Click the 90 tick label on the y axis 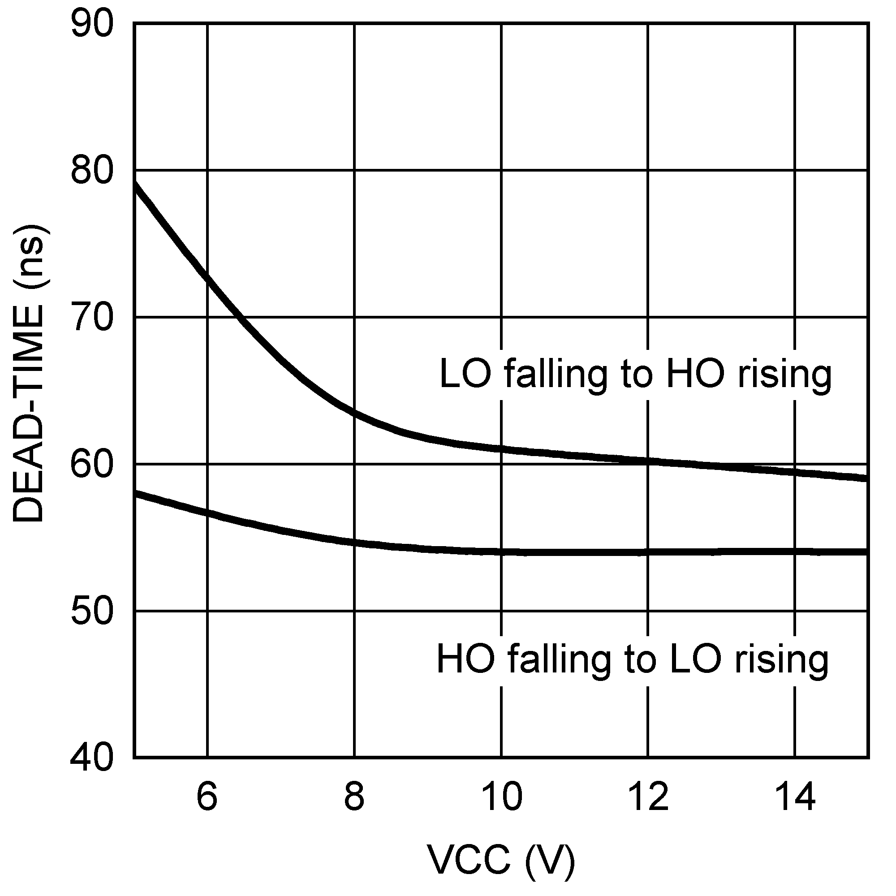pos(92,24)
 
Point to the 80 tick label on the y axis pos(92,171)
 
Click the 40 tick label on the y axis pos(92,759)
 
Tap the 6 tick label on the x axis pos(207,796)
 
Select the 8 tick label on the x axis pos(354,796)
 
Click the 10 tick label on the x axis pos(501,796)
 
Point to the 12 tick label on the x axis pos(648,796)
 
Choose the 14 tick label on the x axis pos(795,796)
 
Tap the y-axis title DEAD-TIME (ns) pos(29,374)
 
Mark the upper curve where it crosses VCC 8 pos(354,412)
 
